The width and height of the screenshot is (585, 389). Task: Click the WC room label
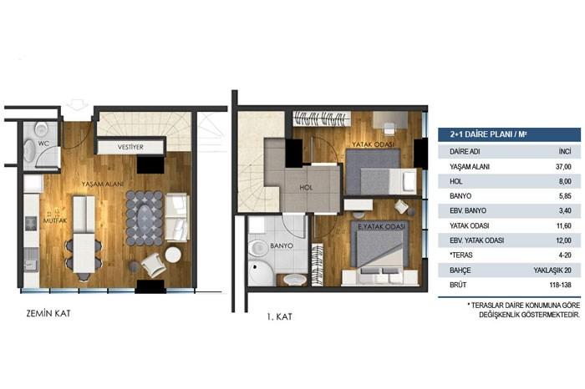36,144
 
